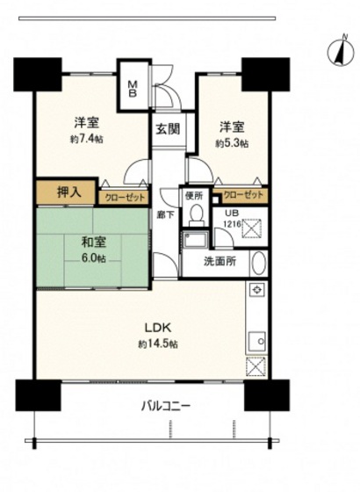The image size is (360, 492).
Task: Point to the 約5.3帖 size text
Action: coord(232,142)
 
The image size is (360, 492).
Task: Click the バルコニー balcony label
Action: coord(165,407)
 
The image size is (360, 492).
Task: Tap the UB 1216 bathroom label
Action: coord(232,218)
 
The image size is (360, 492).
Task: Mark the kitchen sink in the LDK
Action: coord(256,340)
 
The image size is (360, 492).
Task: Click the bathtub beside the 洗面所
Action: coord(258,263)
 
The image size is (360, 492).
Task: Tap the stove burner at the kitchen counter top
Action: coord(256,291)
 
